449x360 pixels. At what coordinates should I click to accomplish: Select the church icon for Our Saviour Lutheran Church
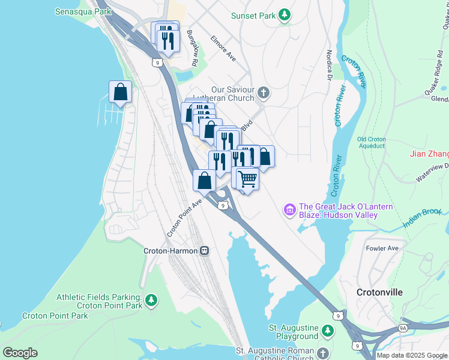264,94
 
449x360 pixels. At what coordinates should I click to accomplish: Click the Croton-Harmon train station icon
205,251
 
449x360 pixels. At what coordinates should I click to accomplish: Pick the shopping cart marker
247,178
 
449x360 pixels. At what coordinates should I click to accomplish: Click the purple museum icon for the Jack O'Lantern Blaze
289,211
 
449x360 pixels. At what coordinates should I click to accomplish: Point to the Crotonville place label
380,292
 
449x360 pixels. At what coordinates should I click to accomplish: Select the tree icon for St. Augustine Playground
328,331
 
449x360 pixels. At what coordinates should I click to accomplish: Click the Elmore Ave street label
223,49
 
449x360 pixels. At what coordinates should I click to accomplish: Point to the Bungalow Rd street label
192,49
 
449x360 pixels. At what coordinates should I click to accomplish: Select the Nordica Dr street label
329,65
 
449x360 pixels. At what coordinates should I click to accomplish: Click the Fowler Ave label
382,248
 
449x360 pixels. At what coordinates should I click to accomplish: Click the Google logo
20,352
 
